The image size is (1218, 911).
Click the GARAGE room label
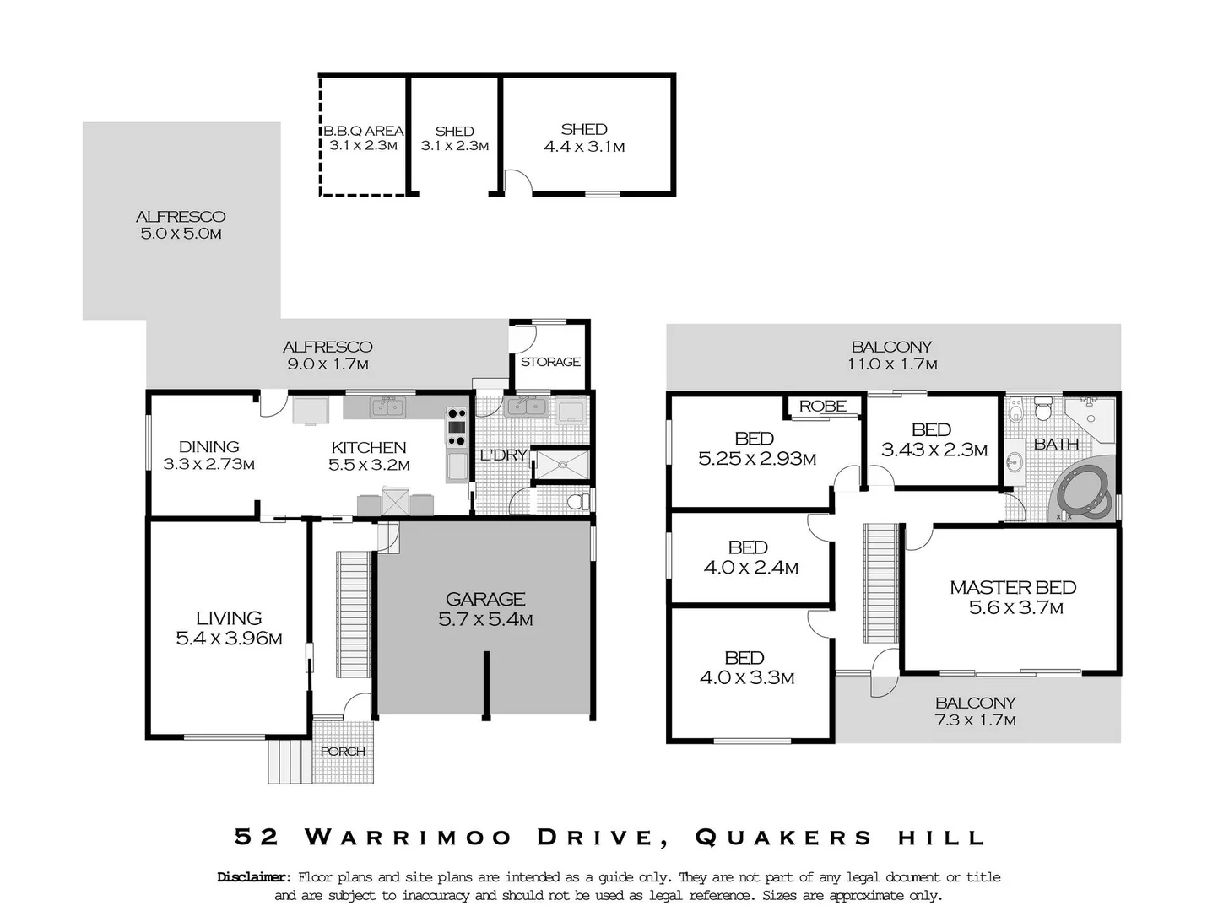[x=485, y=599]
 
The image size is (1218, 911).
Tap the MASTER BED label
[x=1013, y=587]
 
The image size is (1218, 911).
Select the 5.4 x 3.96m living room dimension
[x=229, y=639]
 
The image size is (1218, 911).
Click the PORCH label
[x=343, y=751]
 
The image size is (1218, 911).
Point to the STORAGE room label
[x=550, y=362]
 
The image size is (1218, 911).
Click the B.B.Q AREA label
[x=363, y=131]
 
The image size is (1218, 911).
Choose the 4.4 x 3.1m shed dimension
[x=584, y=147]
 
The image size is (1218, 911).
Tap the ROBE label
[x=822, y=406]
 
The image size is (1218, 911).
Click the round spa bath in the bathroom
[x=1084, y=491]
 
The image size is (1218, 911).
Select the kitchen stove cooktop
[x=456, y=427]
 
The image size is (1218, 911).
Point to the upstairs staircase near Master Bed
[x=880, y=583]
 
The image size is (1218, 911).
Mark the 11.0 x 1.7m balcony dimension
[x=892, y=364]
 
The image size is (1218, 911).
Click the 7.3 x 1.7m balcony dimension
[x=975, y=720]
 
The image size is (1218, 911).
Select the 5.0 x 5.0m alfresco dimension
[x=181, y=234]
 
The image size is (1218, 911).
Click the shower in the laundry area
[x=562, y=464]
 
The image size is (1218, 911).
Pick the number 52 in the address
[x=257, y=837]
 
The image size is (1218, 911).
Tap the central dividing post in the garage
[x=486, y=684]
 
